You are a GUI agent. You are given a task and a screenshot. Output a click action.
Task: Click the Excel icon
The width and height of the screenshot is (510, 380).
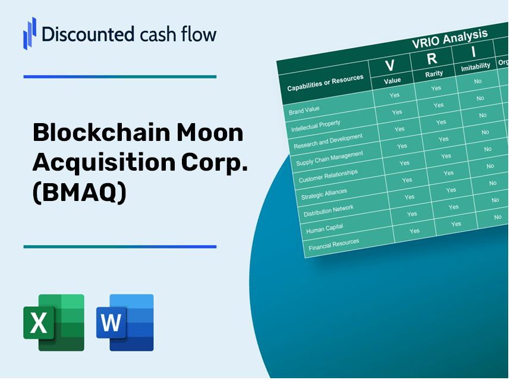pos(53,322)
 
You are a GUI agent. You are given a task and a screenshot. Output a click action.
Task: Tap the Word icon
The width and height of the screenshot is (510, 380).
pos(125,322)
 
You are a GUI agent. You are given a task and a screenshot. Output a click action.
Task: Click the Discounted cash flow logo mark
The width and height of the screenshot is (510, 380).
pos(29,33)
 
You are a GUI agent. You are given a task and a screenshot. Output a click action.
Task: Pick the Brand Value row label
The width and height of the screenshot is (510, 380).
pos(304,111)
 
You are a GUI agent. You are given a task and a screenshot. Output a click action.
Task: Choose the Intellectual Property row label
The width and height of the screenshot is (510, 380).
pos(316,126)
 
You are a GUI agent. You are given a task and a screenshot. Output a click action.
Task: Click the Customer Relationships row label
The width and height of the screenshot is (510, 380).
pos(328,176)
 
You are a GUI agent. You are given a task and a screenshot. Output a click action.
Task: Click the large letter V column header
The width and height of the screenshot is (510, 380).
pos(391,65)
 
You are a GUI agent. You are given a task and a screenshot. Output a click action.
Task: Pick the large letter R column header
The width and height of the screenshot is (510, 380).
pos(432,58)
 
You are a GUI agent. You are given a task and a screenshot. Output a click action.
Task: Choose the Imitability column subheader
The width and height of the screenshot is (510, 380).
pos(476,66)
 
